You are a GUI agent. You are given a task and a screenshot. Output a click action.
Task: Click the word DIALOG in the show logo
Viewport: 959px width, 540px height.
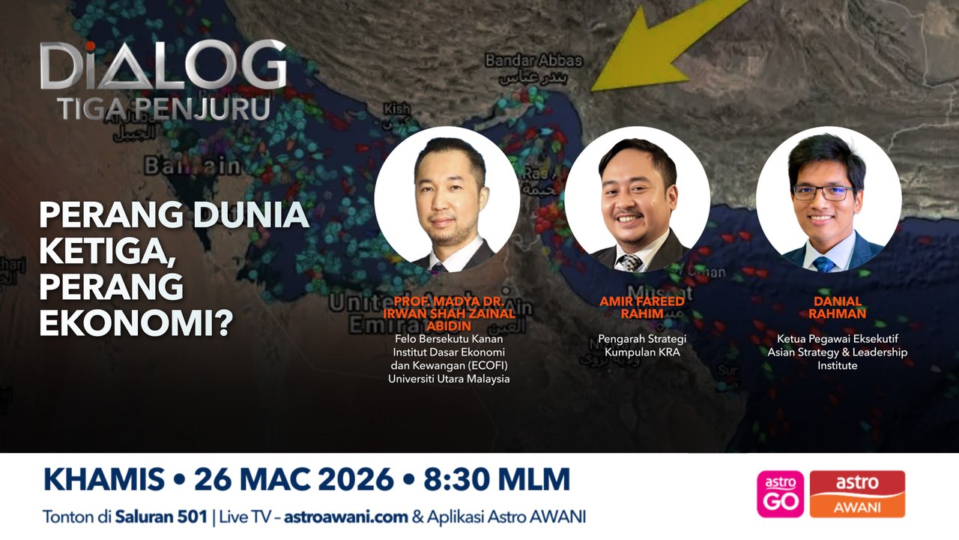pyautogui.click(x=163, y=66)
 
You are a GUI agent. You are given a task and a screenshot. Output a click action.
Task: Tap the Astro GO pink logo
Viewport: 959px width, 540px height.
pyautogui.click(x=780, y=493)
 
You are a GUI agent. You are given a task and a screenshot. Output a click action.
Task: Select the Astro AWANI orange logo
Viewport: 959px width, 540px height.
pyautogui.click(x=857, y=493)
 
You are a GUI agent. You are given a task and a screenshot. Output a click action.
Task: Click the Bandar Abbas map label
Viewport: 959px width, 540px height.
pyautogui.click(x=533, y=61)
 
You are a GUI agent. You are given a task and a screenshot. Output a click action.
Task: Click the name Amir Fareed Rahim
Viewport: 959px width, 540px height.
pyautogui.click(x=641, y=307)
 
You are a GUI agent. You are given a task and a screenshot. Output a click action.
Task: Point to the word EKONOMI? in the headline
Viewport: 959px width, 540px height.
pyautogui.click(x=136, y=319)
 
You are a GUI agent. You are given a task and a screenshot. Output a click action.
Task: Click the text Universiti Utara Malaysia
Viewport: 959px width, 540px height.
pyautogui.click(x=449, y=379)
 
